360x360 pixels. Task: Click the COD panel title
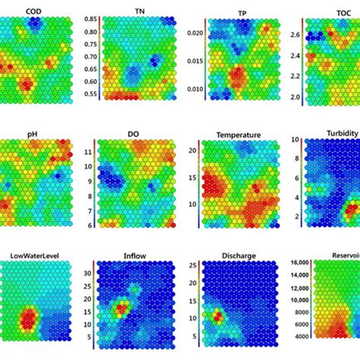33,11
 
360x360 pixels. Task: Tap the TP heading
242,14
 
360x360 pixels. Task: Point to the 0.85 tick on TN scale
90,19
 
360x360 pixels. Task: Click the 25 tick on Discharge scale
194,266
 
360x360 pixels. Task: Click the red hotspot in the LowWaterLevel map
30,322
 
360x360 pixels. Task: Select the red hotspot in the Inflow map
121,310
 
